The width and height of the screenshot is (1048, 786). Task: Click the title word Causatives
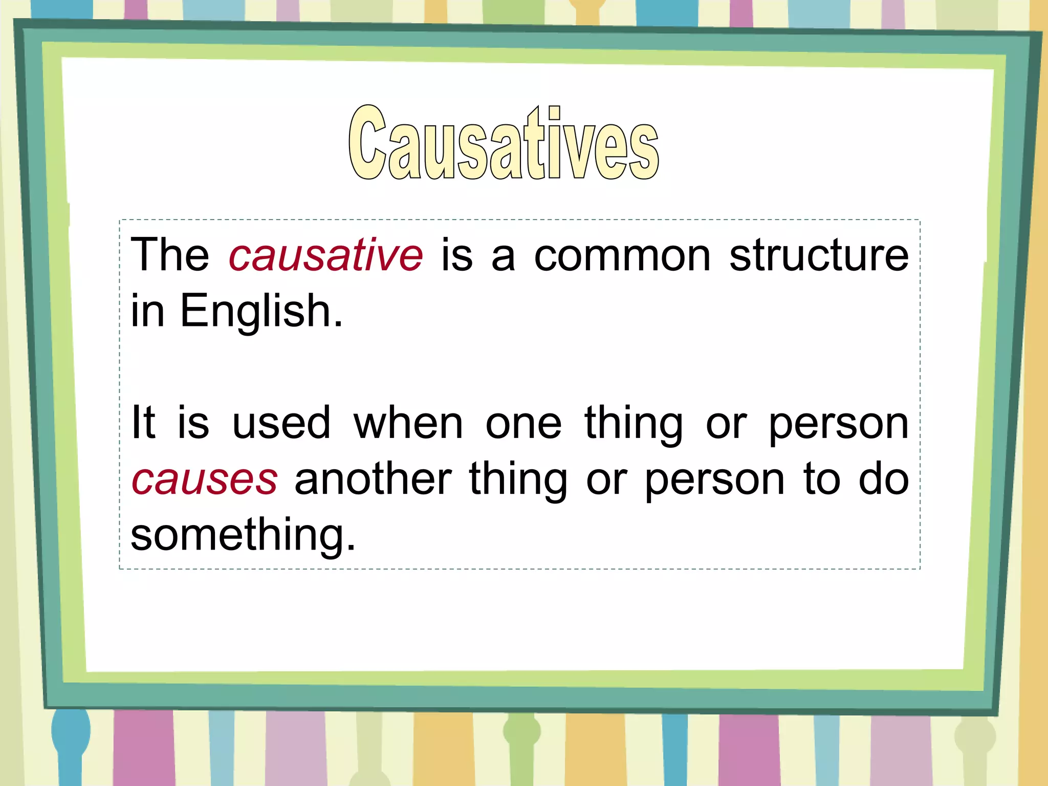(504, 143)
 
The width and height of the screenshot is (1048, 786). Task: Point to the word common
(622, 255)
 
